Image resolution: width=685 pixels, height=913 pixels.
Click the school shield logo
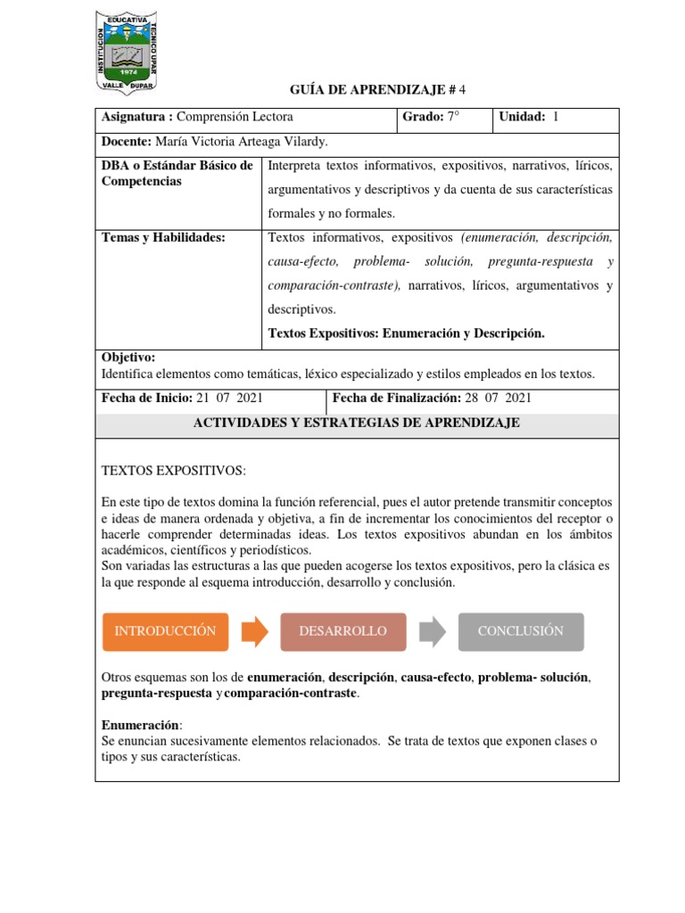(x=126, y=52)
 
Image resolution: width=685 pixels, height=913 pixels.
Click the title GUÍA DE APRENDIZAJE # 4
(x=378, y=90)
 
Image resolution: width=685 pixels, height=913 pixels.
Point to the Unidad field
(x=529, y=118)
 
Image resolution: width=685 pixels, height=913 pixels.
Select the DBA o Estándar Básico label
(x=177, y=166)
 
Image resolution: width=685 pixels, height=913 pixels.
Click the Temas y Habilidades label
(x=164, y=237)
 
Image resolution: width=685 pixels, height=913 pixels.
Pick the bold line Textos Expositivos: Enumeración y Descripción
(x=406, y=333)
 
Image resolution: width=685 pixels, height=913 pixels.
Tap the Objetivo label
(x=128, y=357)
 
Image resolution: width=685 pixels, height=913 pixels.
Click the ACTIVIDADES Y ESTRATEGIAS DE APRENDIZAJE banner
(x=357, y=424)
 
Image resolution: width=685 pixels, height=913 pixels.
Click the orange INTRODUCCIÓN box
(x=165, y=631)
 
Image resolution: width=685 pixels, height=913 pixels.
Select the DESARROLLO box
(x=342, y=631)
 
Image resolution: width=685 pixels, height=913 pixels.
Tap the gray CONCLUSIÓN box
(x=521, y=631)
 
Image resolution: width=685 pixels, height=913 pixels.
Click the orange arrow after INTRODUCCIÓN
(x=254, y=631)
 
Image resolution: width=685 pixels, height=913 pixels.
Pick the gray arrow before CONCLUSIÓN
(x=432, y=631)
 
